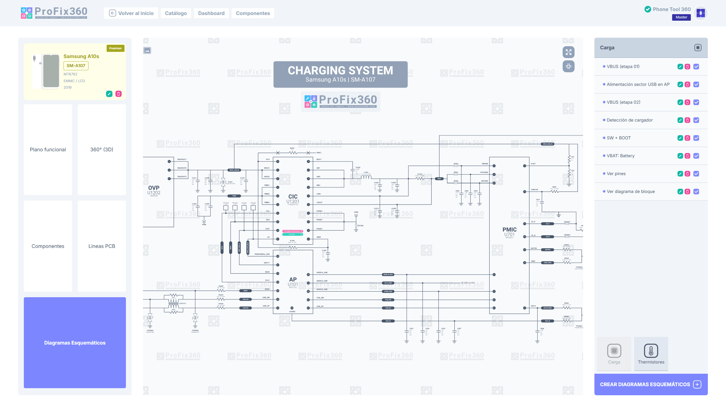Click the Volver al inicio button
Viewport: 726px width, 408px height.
[x=131, y=13]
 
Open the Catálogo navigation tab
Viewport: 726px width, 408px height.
[x=176, y=13]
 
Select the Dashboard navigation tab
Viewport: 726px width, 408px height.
[x=211, y=13]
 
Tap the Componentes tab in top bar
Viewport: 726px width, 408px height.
[x=253, y=13]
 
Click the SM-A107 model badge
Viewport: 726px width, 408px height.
[x=76, y=66]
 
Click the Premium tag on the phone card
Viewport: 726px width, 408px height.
[x=115, y=48]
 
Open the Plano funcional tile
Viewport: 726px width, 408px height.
[x=48, y=150]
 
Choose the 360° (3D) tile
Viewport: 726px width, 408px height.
[x=102, y=150]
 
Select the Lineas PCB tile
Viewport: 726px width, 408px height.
[x=102, y=246]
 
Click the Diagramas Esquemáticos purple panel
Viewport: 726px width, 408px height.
[x=75, y=343]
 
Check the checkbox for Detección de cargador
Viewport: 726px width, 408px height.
[x=696, y=120]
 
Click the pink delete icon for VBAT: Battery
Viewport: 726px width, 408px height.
[x=687, y=156]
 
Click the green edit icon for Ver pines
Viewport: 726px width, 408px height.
[x=680, y=174]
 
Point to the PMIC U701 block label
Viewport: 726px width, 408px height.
[x=509, y=232]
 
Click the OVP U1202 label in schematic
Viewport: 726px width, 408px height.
[x=154, y=190]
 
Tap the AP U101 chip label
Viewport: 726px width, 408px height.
[x=293, y=282]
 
